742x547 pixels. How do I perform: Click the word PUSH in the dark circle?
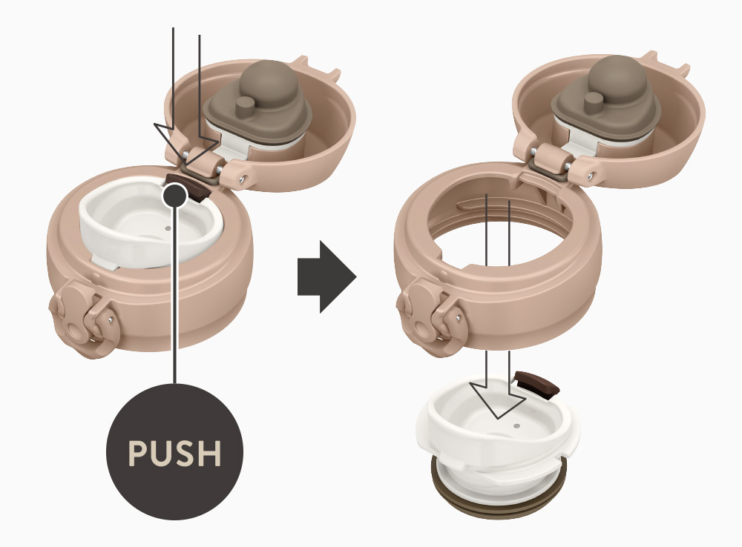(174, 453)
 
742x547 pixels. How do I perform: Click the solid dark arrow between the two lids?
(326, 276)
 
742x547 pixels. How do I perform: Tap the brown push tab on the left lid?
(189, 188)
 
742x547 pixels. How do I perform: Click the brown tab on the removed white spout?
(536, 384)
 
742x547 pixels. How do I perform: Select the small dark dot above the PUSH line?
(174, 195)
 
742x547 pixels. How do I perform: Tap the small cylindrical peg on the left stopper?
(246, 107)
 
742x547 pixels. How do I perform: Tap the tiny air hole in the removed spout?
(516, 425)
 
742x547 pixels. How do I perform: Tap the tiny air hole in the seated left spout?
(168, 228)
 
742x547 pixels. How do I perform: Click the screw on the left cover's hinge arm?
(243, 179)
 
